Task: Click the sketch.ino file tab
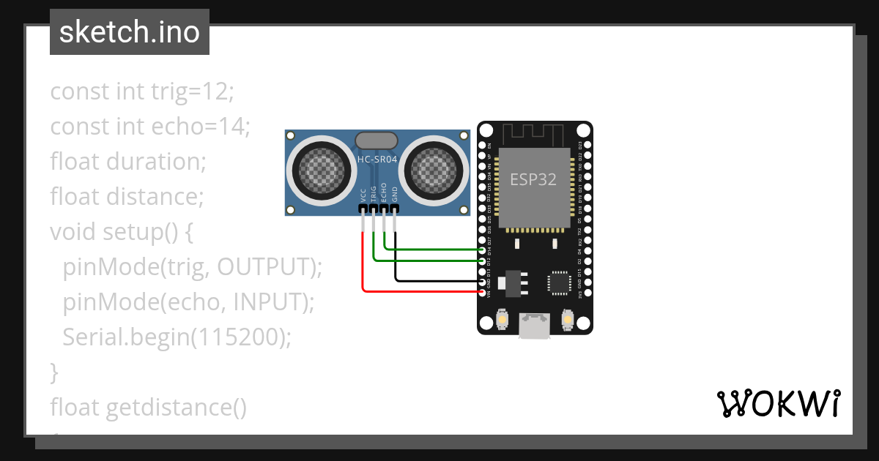[130, 32]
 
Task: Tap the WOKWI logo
[778, 403]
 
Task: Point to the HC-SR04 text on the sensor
[377, 159]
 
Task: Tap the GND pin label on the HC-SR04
[395, 195]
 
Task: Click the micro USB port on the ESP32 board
[535, 326]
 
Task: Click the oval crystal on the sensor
[377, 140]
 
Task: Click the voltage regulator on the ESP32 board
[511, 282]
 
